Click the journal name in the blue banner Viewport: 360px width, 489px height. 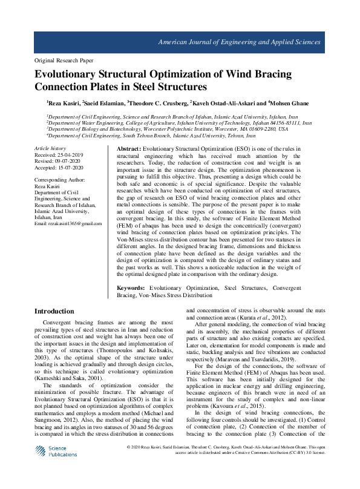pos(239,42)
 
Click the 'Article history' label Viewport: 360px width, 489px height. pos(50,148)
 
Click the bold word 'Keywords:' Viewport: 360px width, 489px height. pos(131,288)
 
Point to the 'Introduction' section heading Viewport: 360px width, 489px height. pos(54,312)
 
